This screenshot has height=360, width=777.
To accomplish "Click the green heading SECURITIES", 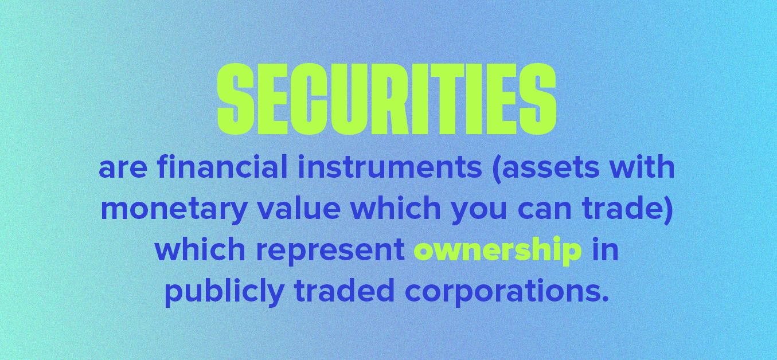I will (386, 97).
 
